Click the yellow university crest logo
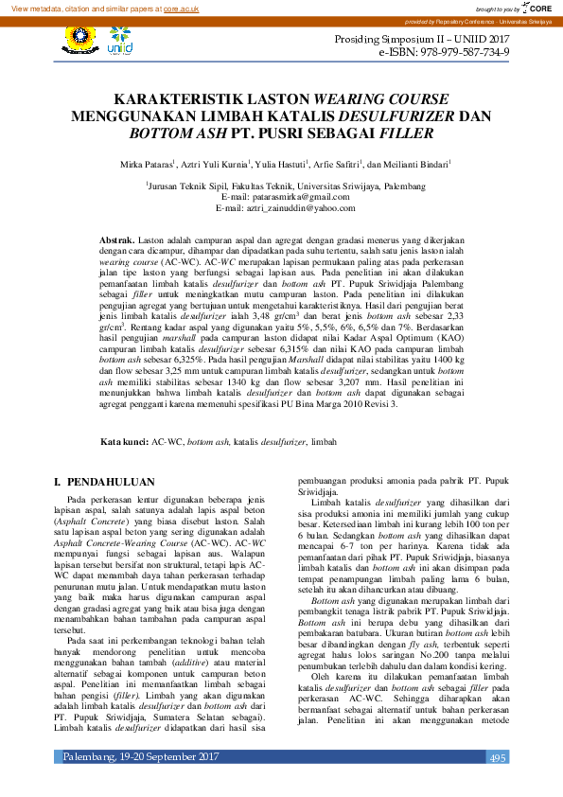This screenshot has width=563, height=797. [x=78, y=39]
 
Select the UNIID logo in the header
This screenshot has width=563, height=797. [x=119, y=43]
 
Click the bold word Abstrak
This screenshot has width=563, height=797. [x=117, y=242]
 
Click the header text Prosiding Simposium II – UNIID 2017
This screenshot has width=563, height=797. [x=422, y=40]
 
